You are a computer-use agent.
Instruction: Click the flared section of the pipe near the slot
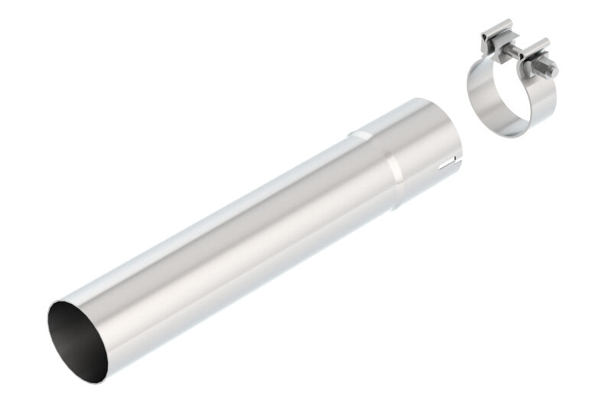pos(425,153)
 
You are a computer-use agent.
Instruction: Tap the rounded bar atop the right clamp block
pos(535,44)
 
